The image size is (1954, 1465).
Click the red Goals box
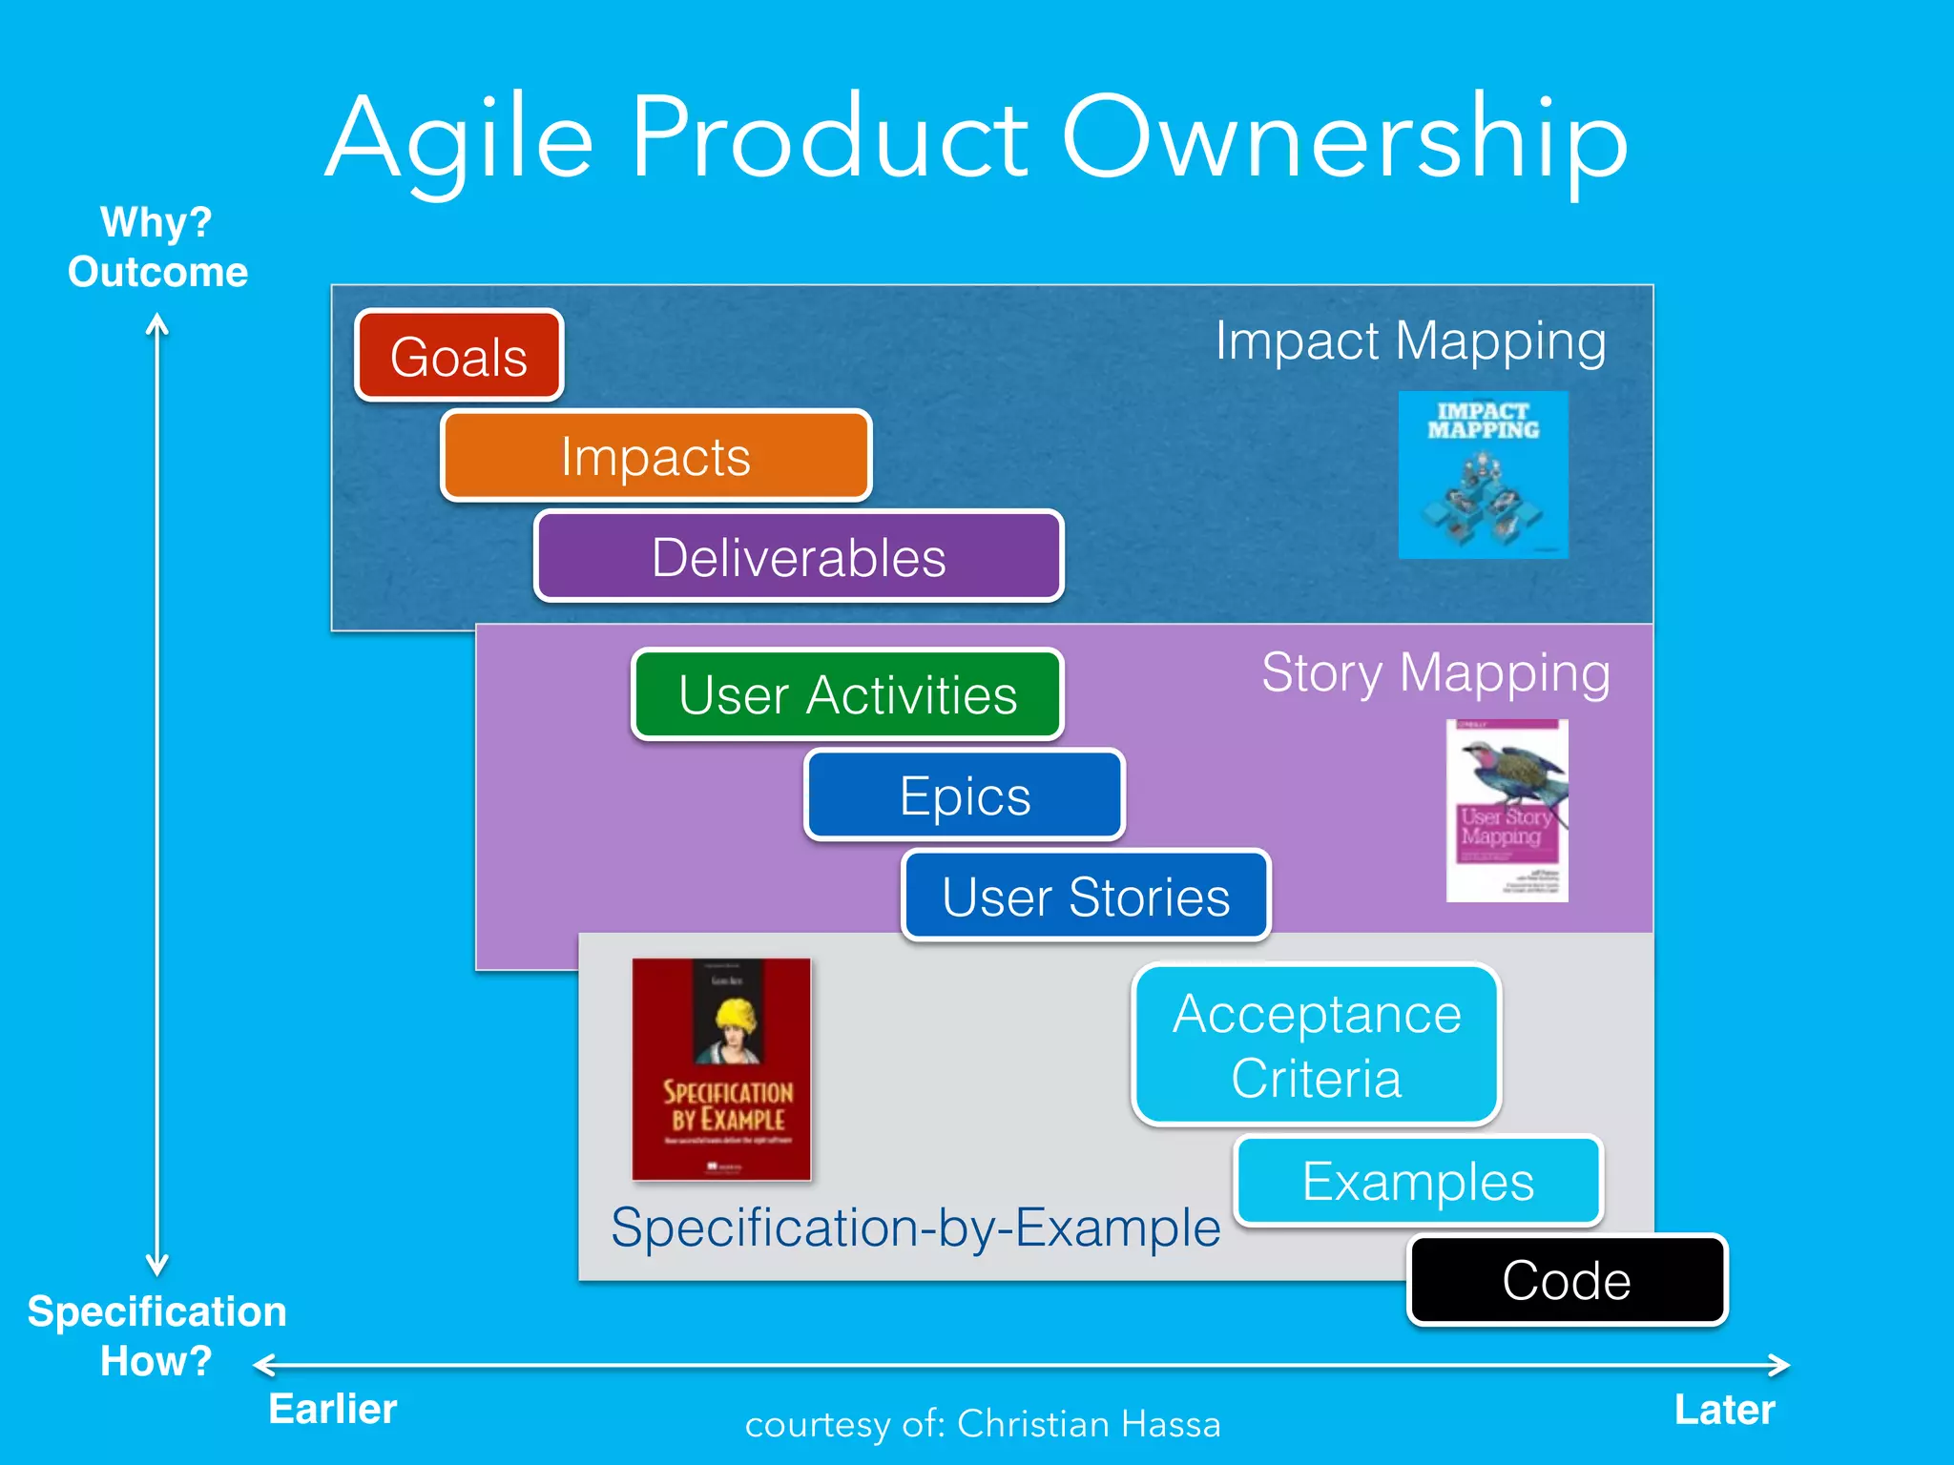click(x=459, y=356)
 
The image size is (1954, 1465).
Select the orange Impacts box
click(x=655, y=456)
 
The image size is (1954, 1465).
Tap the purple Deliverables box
click(x=799, y=557)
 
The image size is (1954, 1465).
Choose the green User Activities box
click(x=847, y=694)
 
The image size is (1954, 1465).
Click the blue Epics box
click(x=965, y=795)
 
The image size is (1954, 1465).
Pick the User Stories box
click(x=1086, y=896)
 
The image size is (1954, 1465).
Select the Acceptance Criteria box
click(x=1317, y=1044)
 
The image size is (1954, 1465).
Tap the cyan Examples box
click(x=1418, y=1181)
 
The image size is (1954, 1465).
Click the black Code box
click(x=1567, y=1280)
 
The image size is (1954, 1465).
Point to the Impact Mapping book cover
click(x=1483, y=475)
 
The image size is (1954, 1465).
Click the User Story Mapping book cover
click(x=1507, y=811)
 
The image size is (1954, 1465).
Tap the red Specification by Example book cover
click(x=721, y=1069)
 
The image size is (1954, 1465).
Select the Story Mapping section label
click(x=1435, y=672)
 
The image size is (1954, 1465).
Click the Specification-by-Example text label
click(x=915, y=1227)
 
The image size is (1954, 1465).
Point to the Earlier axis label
click(x=332, y=1409)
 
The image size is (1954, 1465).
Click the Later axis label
click(x=1724, y=1410)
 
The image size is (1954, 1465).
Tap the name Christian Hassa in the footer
click(x=1088, y=1424)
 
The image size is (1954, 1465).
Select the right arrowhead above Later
click(x=1780, y=1365)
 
